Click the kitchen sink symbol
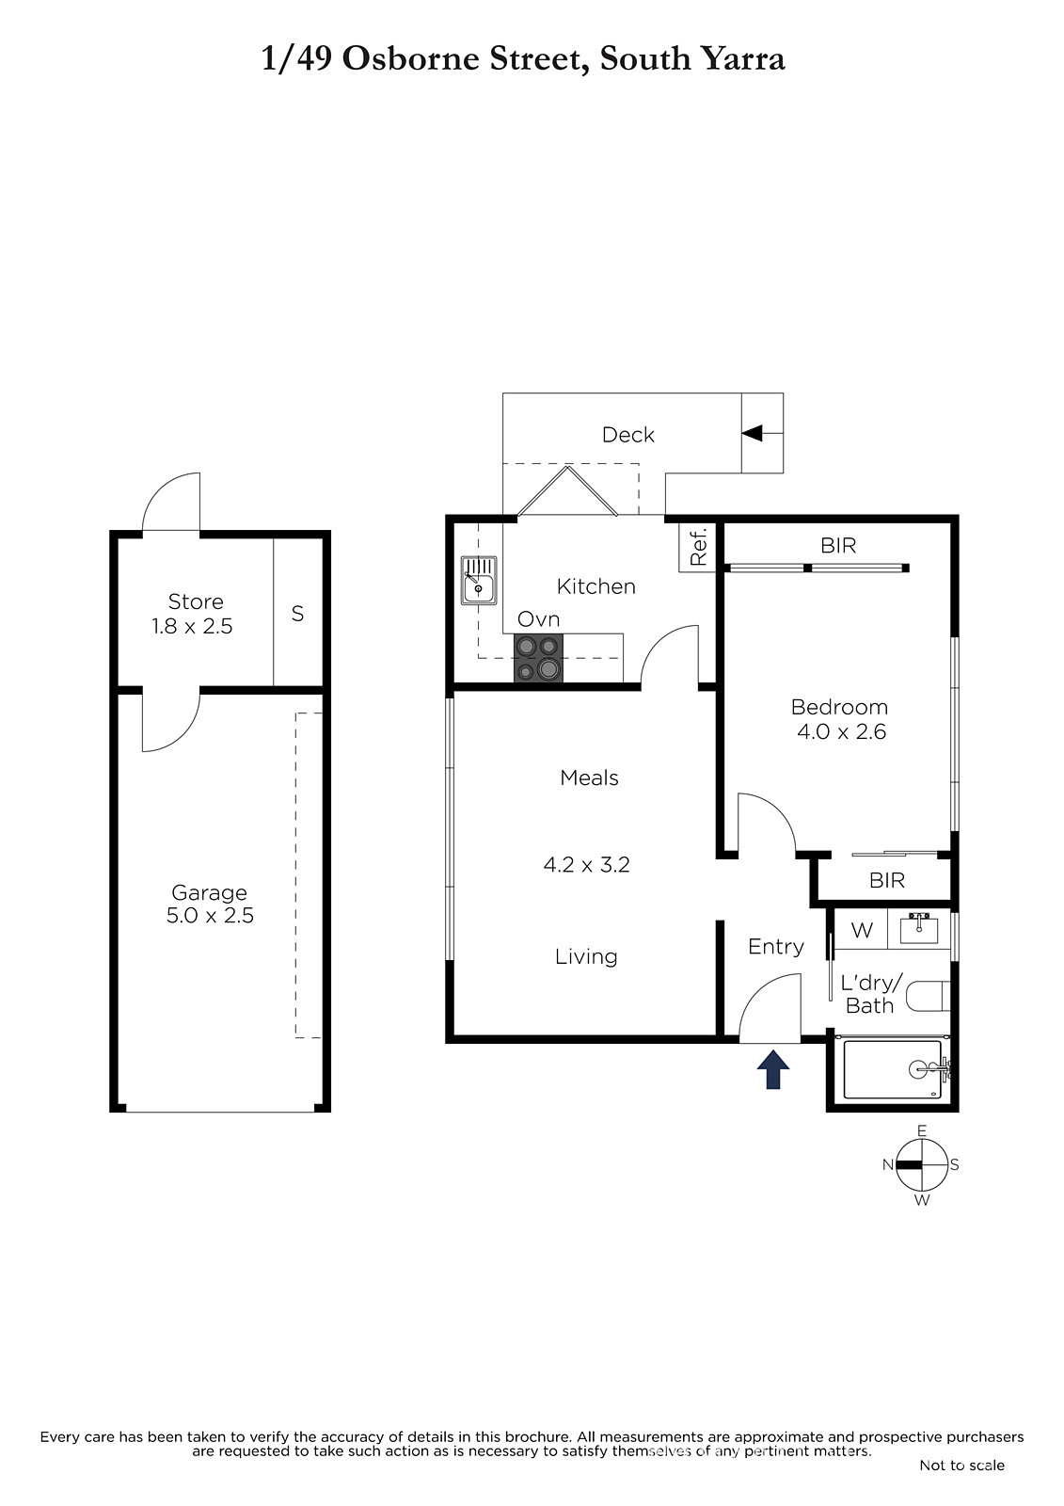point(479,580)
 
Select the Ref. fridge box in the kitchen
point(697,546)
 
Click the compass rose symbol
point(922,1165)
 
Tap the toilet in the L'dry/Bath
point(929,996)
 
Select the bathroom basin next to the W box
point(919,928)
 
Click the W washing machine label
point(862,930)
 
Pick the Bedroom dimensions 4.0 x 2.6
point(842,731)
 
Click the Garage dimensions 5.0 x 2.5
point(211,915)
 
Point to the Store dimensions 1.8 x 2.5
point(192,626)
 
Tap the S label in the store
point(298,613)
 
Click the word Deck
point(627,435)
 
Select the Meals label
point(589,777)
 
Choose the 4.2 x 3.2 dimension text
point(586,865)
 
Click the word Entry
point(775,947)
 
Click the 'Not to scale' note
point(961,1465)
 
